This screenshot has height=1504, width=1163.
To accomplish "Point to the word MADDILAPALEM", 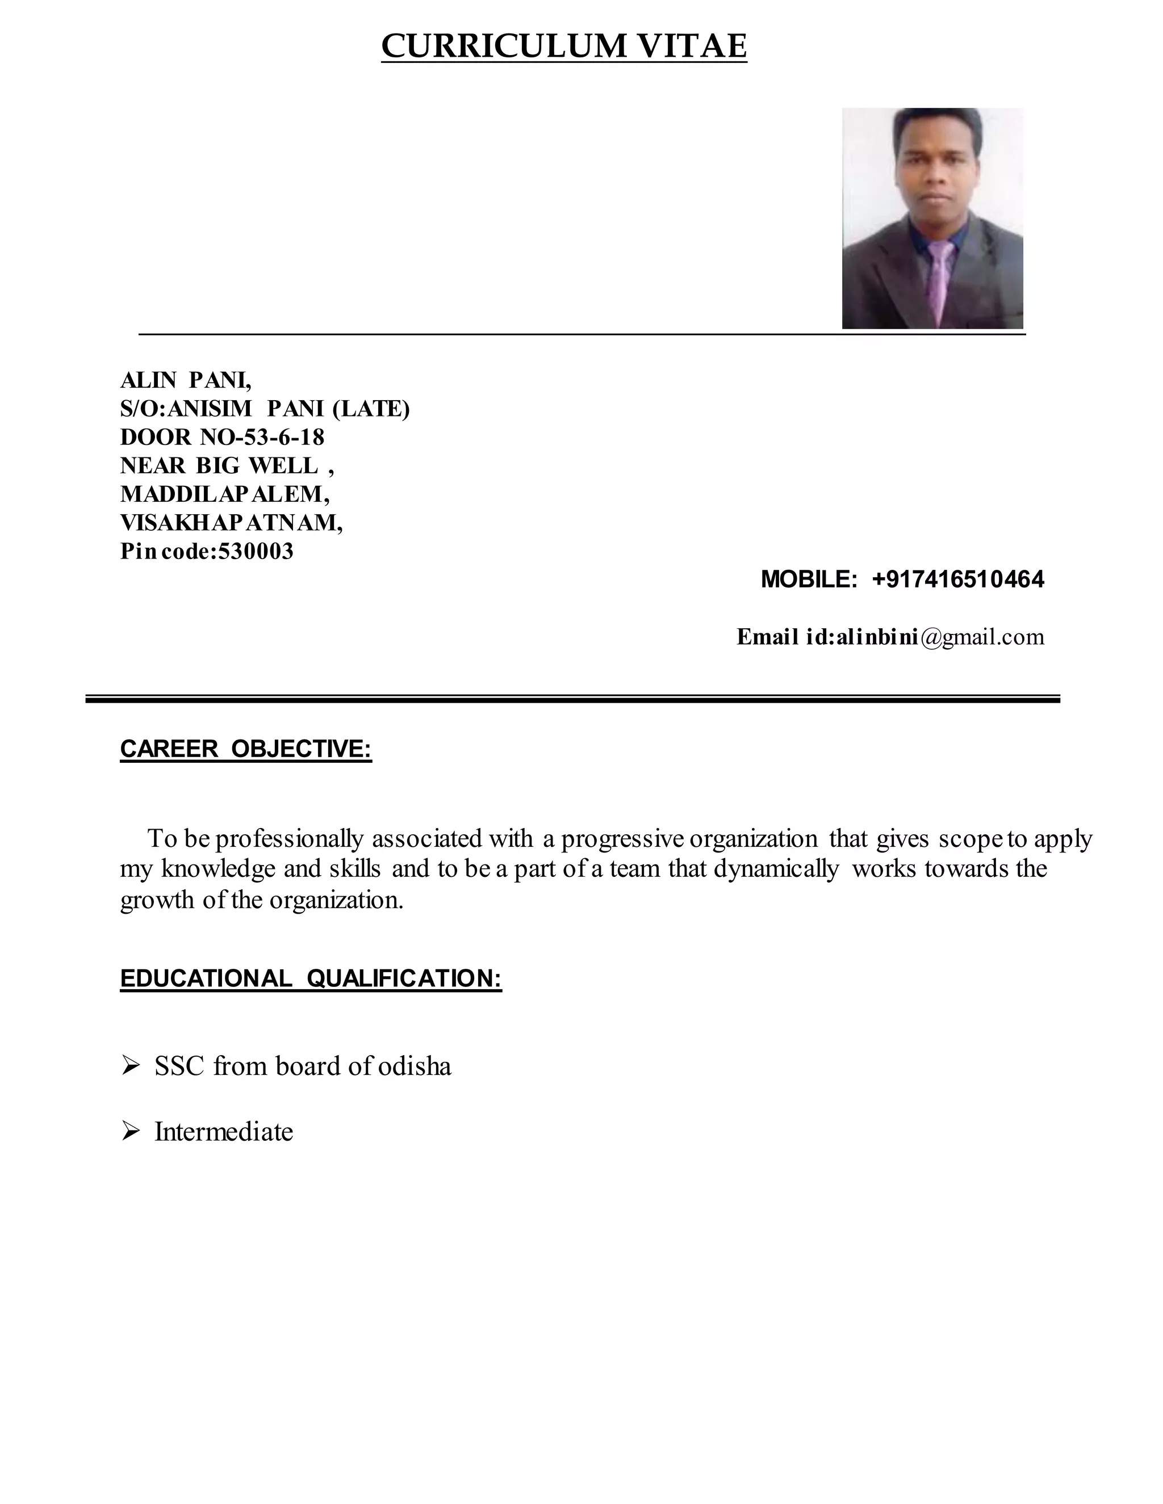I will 224,494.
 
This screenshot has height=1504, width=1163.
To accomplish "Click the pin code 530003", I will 256,551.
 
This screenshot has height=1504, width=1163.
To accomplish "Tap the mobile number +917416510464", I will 957,579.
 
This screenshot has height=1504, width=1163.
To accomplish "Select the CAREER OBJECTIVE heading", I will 246,749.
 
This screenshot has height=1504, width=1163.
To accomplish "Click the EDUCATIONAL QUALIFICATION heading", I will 311,978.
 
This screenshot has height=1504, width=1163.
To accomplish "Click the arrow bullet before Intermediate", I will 130,1132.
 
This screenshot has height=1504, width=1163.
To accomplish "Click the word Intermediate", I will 224,1132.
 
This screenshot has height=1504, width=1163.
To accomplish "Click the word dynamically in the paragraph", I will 776,869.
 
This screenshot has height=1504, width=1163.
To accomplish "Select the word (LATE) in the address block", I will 371,409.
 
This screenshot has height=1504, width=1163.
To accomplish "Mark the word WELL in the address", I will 283,465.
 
